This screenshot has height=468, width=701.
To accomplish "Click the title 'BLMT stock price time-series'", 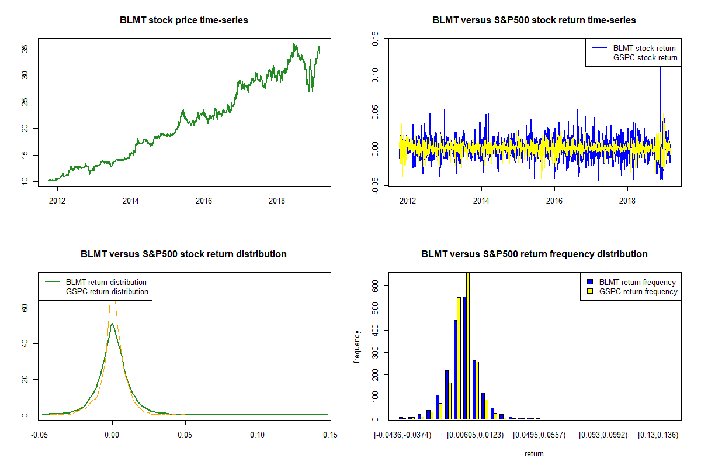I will [184, 20].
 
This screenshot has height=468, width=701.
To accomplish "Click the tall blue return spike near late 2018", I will [660, 88].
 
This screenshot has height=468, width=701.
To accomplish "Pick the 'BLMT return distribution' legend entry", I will [106, 282].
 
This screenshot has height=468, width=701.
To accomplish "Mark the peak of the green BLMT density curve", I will [112, 324].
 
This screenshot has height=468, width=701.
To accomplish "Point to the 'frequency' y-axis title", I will [357, 346].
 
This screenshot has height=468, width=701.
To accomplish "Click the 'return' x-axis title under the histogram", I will [534, 453].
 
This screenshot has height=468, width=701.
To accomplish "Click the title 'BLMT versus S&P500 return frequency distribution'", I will [534, 254].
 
